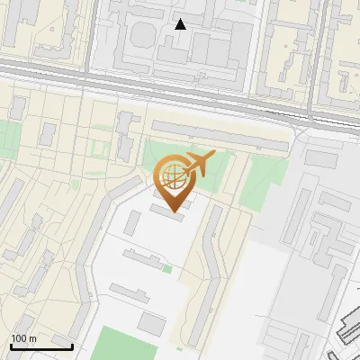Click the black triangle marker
[181, 24]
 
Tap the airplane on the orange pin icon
[198, 164]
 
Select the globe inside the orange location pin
[172, 175]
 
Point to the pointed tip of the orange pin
[173, 211]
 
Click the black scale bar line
[40, 346]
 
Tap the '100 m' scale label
[23, 338]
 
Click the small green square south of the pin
[167, 268]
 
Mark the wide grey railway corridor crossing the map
[180, 90]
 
